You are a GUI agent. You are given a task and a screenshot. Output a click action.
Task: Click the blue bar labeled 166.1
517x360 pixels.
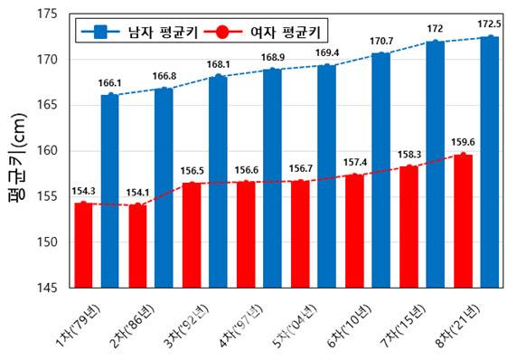pos(110,191)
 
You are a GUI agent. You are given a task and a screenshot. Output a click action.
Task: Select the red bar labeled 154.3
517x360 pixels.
pos(83,245)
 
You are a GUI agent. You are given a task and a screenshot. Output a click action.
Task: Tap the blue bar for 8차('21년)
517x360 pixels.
pos(490,163)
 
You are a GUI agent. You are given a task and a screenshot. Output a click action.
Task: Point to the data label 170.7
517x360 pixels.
pos(381,41)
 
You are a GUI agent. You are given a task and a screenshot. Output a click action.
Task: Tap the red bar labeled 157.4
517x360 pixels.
pos(354,231)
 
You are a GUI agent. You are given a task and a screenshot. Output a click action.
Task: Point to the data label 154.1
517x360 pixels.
pos(137,192)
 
